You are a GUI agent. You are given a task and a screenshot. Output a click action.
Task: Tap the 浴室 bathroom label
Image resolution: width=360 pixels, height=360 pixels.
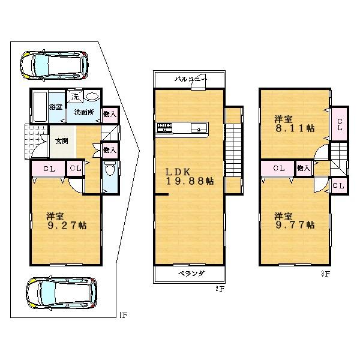[x=56, y=107]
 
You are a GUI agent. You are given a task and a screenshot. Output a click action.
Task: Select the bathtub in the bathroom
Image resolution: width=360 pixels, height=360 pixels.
[x=40, y=107]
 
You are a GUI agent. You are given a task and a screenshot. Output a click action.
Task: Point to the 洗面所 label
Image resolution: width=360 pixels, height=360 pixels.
[x=83, y=112]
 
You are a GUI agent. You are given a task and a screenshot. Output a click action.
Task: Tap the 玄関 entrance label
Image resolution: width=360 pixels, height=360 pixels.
[x=62, y=141]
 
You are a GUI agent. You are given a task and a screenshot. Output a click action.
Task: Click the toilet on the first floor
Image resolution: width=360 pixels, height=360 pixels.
[x=109, y=172]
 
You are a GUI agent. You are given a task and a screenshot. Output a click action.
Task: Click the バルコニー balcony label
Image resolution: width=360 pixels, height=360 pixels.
[x=190, y=79]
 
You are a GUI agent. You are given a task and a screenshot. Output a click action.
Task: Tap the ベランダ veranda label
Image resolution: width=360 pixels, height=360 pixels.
[x=191, y=272]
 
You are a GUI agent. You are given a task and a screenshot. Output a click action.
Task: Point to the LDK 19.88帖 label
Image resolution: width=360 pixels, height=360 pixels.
[x=190, y=176]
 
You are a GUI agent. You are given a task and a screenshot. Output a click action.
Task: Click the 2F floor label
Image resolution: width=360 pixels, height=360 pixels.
[x=220, y=289]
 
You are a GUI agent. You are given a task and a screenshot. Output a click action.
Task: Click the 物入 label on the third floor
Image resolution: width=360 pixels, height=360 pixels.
[x=303, y=169]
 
